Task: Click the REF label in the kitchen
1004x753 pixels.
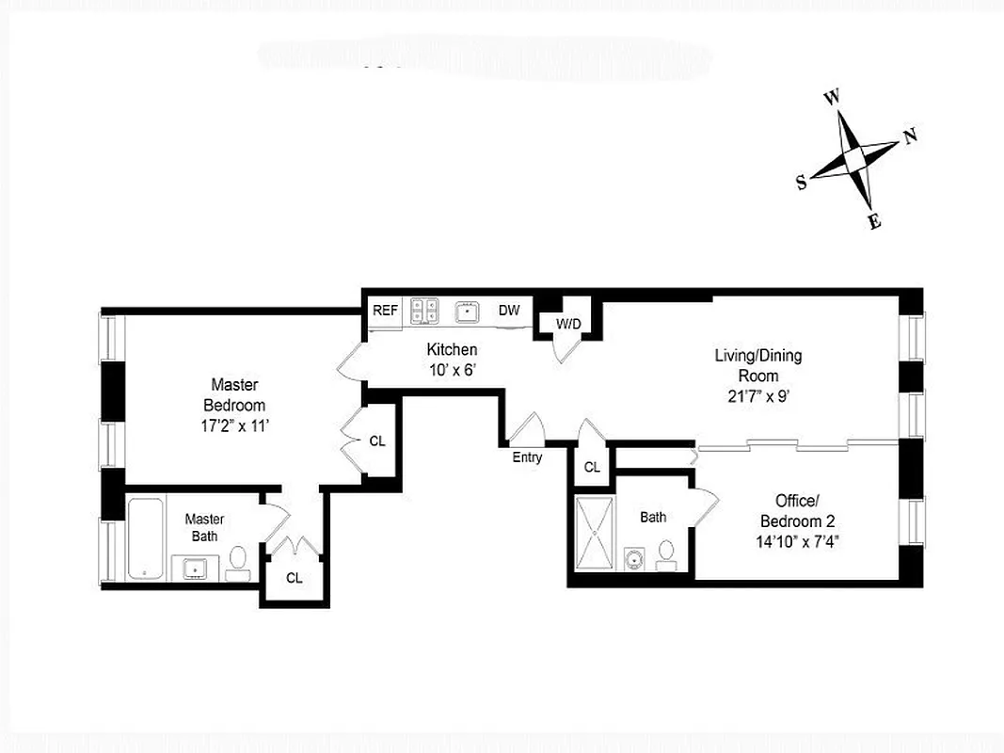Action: point(384,310)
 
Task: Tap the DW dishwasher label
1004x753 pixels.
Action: point(509,310)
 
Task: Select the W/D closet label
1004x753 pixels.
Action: point(568,324)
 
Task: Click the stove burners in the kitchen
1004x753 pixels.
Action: point(425,311)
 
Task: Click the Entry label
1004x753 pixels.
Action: point(527,457)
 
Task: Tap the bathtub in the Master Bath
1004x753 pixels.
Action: point(147,539)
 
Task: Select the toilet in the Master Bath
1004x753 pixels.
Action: point(238,561)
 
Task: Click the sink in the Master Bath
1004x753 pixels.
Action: point(195,568)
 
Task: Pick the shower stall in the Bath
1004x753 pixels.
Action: point(593,532)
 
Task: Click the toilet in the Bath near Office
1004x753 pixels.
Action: point(667,554)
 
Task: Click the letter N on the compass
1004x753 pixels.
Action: point(910,136)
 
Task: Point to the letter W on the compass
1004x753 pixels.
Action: point(831,97)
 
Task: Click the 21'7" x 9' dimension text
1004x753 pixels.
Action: point(757,396)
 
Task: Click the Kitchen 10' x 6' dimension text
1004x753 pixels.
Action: point(452,370)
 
